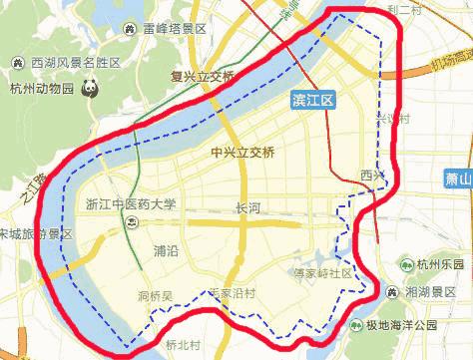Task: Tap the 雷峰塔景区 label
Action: tap(175, 29)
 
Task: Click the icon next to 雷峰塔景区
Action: tap(133, 29)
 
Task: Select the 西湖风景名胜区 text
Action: tap(76, 63)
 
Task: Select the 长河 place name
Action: tap(246, 208)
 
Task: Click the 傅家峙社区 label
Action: tap(322, 272)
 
